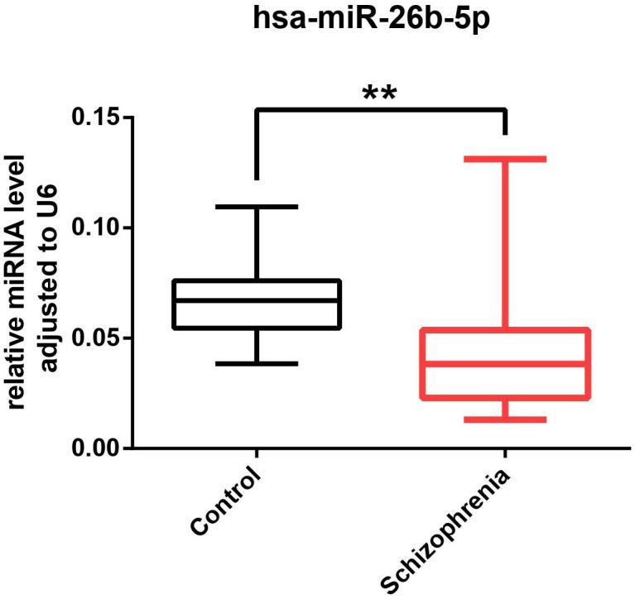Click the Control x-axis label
tap(226, 502)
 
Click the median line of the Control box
tap(257, 300)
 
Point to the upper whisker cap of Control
tap(257, 206)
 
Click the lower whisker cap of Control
tap(257, 363)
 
